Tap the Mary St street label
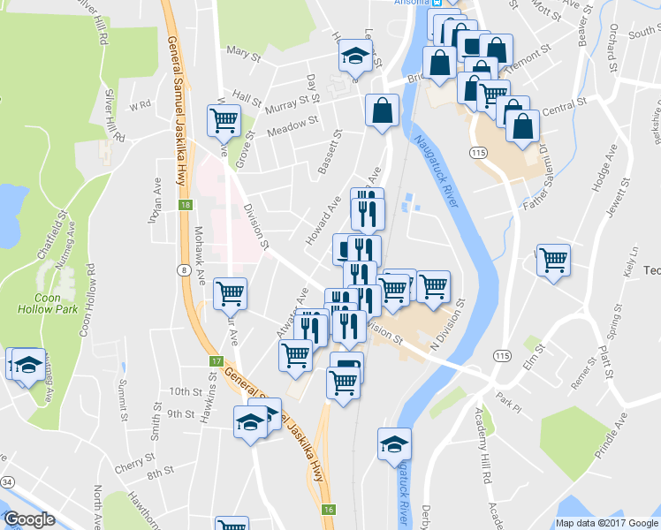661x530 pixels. click(243, 55)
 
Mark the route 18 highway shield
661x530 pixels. click(185, 205)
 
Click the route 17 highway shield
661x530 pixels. click(216, 362)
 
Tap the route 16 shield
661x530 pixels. click(328, 510)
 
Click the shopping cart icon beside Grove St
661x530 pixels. click(224, 119)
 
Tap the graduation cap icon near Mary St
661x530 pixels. click(354, 57)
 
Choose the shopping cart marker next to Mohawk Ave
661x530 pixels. click(231, 292)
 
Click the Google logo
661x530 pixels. click(29, 519)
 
